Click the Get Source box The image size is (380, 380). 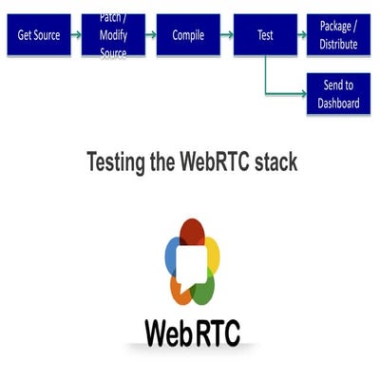point(39,35)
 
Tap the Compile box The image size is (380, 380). point(188,35)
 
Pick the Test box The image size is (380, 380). point(265,35)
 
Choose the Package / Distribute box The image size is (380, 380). point(339,36)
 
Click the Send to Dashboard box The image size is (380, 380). point(339,94)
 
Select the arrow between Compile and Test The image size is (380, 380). point(226,35)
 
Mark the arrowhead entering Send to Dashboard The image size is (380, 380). point(301,94)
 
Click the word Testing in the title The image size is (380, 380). point(116,161)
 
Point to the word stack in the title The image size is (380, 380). point(275,161)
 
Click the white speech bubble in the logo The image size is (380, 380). point(193,263)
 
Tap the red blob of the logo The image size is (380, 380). point(193,231)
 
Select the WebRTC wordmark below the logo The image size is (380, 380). point(193,332)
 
